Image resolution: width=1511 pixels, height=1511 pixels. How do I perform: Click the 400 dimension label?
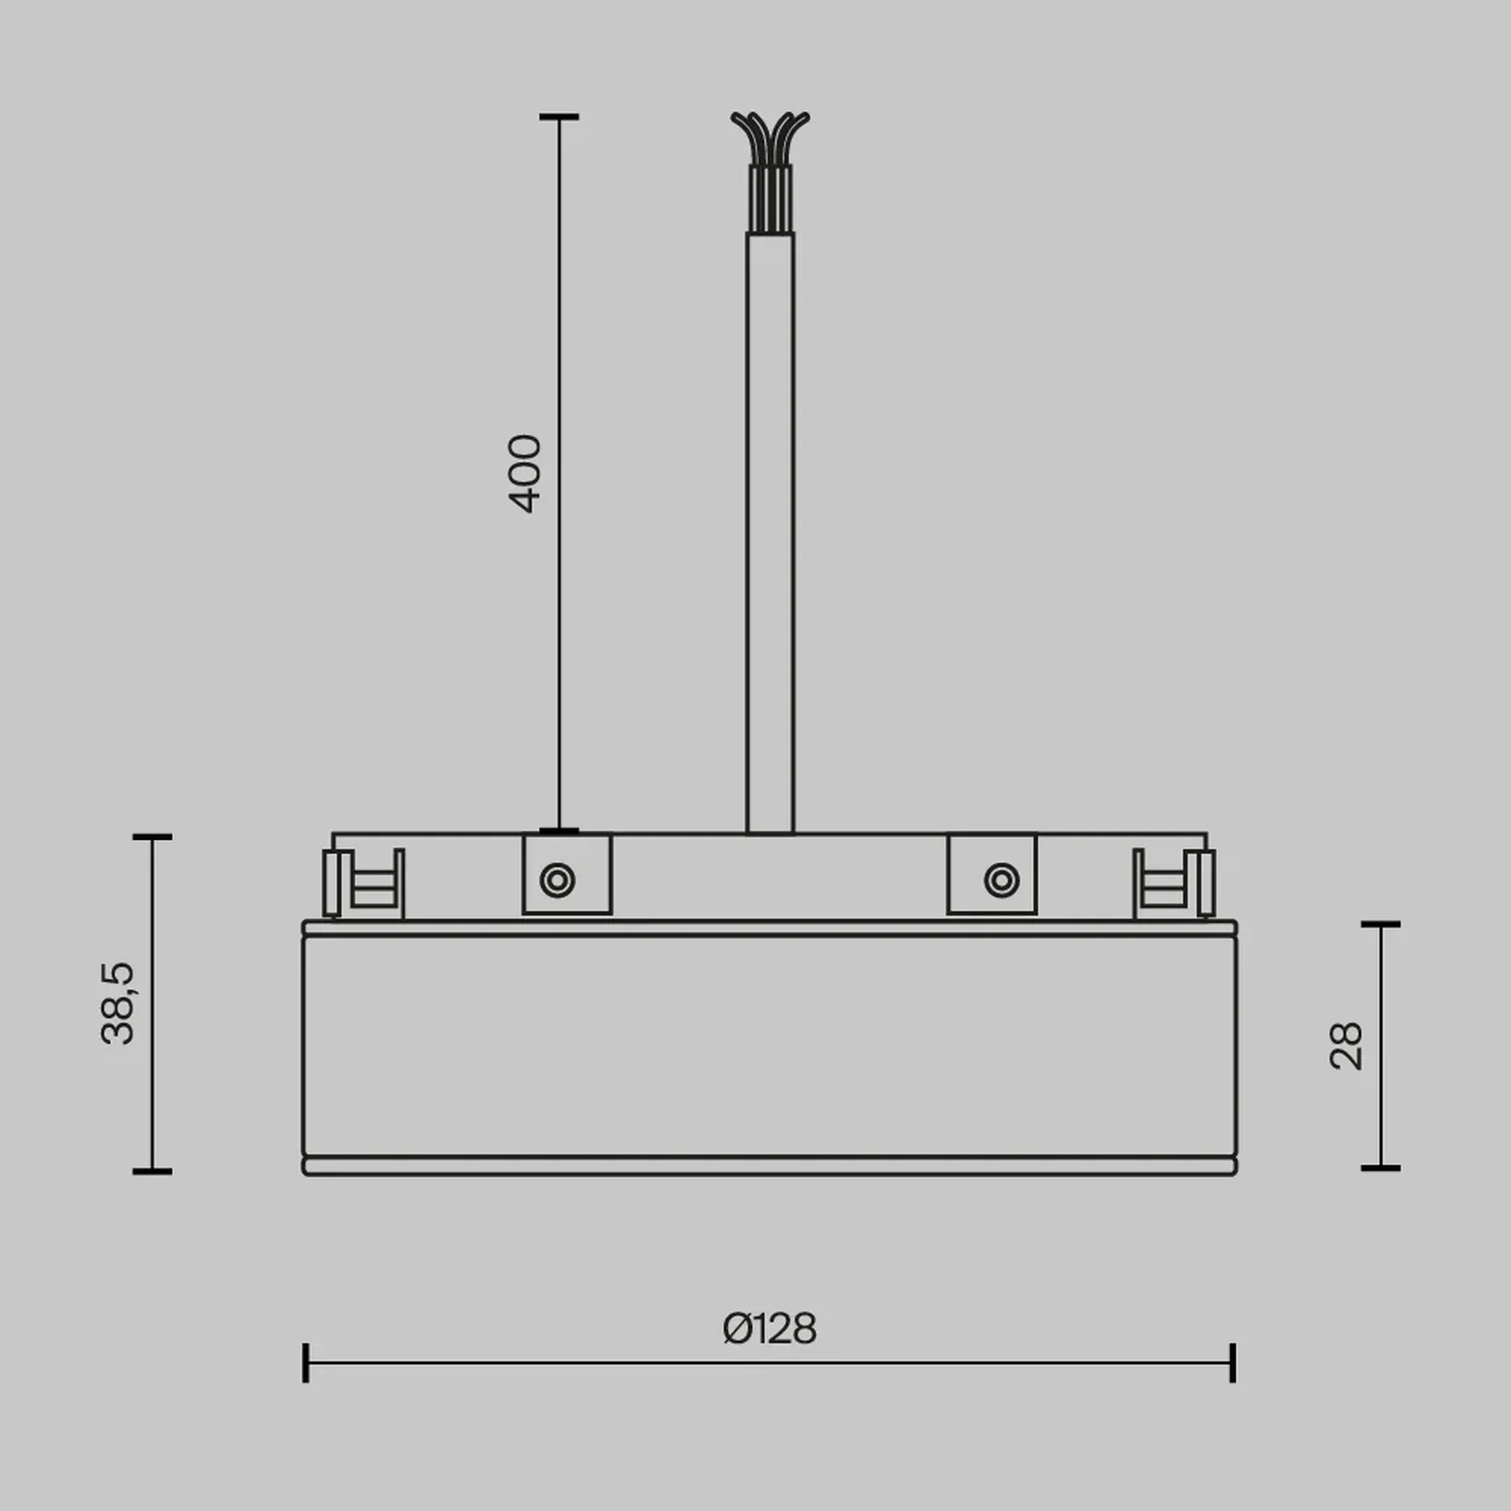point(525,474)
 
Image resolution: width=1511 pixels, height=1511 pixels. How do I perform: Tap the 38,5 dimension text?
point(118,1002)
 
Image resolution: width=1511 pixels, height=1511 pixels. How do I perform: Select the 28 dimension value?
point(1346,1045)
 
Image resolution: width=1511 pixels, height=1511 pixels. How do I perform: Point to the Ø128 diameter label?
point(770,1328)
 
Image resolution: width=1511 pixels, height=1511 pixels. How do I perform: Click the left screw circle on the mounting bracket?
point(558,879)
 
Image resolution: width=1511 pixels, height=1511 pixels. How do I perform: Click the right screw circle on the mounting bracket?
point(1001,879)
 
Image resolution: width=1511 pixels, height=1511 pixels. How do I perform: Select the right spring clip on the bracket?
point(1175,883)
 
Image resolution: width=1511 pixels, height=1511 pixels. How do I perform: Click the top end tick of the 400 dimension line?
point(559,117)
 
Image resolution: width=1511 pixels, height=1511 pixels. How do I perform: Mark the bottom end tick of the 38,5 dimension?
point(152,1170)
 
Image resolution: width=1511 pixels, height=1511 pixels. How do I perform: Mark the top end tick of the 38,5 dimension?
point(152,837)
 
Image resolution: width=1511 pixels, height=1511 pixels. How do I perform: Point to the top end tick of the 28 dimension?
point(1380,924)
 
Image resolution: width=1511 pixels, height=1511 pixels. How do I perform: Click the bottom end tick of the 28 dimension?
point(1380,1168)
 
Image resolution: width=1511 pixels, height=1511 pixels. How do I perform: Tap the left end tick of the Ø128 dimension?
point(306,1363)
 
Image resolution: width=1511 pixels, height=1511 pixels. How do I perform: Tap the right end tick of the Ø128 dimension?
point(1233,1363)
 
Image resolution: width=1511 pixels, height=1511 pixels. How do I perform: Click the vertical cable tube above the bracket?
point(770,527)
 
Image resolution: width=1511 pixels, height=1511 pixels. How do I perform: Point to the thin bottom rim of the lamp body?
point(770,1166)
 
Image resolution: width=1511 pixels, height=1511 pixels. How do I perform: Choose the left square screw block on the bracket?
point(567,874)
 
